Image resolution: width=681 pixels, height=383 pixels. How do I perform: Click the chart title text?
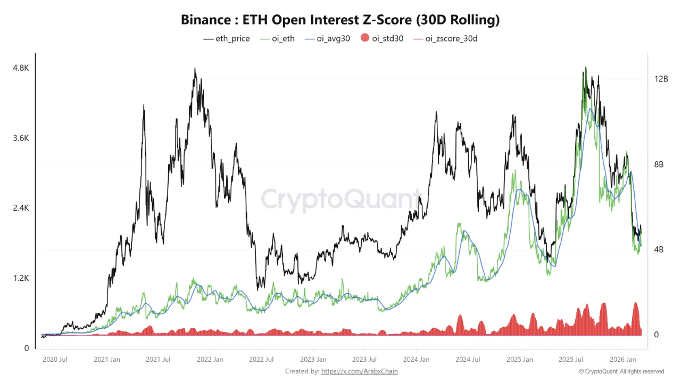click(x=340, y=20)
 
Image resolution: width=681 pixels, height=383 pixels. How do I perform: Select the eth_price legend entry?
click(x=227, y=38)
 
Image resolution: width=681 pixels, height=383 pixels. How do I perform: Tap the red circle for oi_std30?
click(x=364, y=38)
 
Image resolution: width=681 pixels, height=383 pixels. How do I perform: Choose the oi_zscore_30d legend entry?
click(x=445, y=38)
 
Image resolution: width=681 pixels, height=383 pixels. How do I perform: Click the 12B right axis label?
click(x=661, y=79)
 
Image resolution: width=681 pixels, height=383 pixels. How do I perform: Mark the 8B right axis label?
click(x=659, y=164)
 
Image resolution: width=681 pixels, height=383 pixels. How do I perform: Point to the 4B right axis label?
click(x=659, y=249)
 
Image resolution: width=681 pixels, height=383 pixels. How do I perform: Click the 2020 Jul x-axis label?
click(x=55, y=360)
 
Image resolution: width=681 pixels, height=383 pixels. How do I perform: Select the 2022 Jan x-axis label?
click(x=210, y=360)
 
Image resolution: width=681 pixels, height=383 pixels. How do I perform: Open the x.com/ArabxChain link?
click(x=359, y=371)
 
